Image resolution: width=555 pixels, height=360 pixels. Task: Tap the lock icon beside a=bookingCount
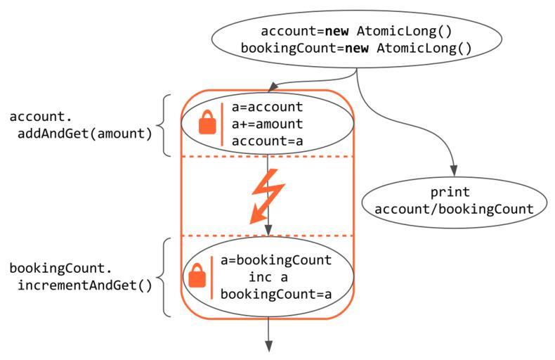(198, 276)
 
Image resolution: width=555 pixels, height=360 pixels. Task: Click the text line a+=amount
(266, 124)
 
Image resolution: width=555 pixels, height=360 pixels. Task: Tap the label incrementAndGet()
(84, 286)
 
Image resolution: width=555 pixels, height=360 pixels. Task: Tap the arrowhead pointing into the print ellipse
(453, 171)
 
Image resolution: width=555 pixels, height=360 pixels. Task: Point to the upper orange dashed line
(268, 156)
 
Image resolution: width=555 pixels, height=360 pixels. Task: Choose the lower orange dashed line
(268, 236)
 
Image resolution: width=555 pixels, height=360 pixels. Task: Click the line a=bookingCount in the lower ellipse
(275, 260)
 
